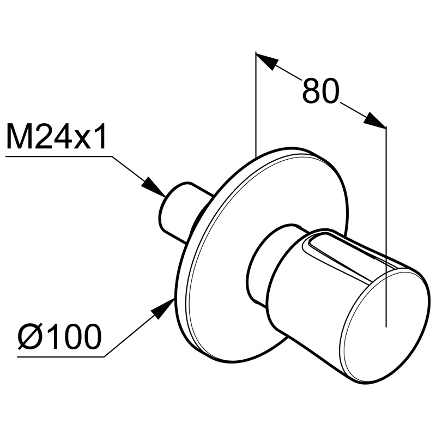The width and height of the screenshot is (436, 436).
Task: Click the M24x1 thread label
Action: point(56,137)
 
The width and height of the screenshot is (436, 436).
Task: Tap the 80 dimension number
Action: point(321,90)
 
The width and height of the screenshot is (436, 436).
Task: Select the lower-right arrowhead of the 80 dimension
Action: point(375,120)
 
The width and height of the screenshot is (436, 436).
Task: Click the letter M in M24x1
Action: point(17,137)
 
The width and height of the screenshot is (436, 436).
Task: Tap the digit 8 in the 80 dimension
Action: point(311,90)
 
